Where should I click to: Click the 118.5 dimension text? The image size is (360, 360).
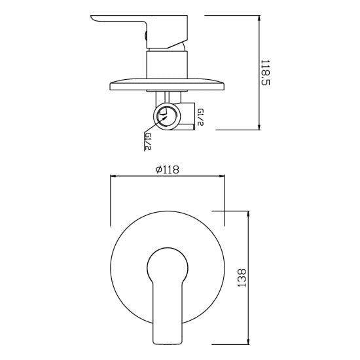[x=266, y=73]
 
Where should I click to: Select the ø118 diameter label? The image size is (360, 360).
[x=168, y=170]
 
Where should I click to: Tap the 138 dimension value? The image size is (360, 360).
[x=242, y=278]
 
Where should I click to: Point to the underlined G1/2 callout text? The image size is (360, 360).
[x=148, y=141]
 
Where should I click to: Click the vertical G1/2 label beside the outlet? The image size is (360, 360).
[x=200, y=117]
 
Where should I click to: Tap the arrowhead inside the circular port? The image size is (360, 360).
[x=164, y=118]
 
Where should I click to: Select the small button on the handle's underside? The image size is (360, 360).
[x=145, y=36]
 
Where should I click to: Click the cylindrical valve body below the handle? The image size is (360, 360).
[x=167, y=65]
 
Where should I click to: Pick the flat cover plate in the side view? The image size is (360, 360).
[x=167, y=84]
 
